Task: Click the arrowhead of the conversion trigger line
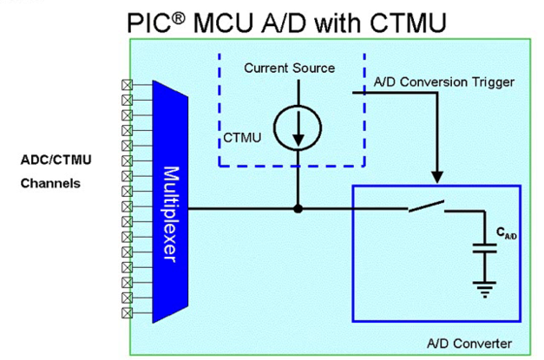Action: pos(437,178)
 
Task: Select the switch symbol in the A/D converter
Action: pos(426,206)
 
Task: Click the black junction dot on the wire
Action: pos(298,208)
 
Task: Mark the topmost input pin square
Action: pos(127,85)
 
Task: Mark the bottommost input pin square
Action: pos(127,312)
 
